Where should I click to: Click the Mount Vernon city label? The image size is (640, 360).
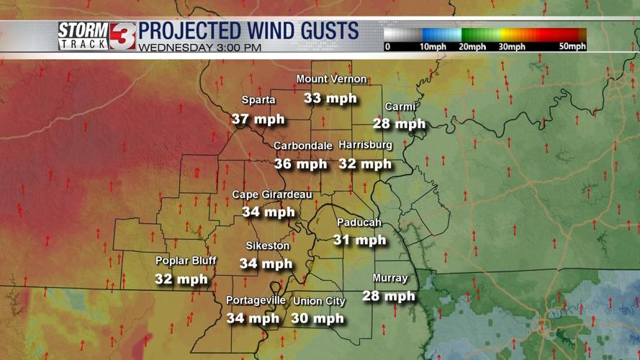[331, 79]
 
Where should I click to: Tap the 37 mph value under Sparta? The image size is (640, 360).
[258, 119]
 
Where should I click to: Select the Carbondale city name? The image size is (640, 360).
[302, 145]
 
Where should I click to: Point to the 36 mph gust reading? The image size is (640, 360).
[300, 163]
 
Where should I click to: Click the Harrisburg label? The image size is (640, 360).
[365, 145]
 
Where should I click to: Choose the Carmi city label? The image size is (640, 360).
[400, 107]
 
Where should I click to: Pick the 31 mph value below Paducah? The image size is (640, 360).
[359, 240]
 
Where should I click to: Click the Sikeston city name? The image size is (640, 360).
[267, 246]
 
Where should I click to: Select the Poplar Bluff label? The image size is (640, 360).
[186, 261]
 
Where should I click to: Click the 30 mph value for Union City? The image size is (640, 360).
[317, 318]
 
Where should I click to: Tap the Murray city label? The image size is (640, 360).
[390, 279]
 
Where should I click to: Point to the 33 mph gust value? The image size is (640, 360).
[330, 97]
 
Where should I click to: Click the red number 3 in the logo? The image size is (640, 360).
[122, 35]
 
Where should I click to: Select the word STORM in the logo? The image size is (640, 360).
[83, 30]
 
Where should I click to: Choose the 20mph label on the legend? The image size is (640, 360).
[473, 47]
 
